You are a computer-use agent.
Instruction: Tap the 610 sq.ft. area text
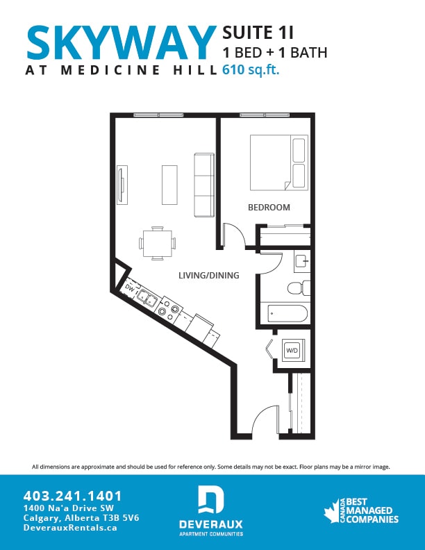(x=251, y=69)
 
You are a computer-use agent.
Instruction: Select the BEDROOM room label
(x=269, y=207)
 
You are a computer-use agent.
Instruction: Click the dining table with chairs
(x=157, y=243)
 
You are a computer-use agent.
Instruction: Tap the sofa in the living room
(x=203, y=185)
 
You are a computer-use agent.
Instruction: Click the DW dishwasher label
(x=129, y=286)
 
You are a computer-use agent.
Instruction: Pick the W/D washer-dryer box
(x=292, y=351)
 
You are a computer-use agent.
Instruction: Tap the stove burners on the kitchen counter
(x=168, y=308)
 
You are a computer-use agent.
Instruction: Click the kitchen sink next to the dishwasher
(x=147, y=298)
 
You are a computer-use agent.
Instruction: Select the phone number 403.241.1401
(x=72, y=496)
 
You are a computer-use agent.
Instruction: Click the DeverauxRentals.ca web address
(x=70, y=528)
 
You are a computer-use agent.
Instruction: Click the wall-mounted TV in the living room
(x=122, y=185)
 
